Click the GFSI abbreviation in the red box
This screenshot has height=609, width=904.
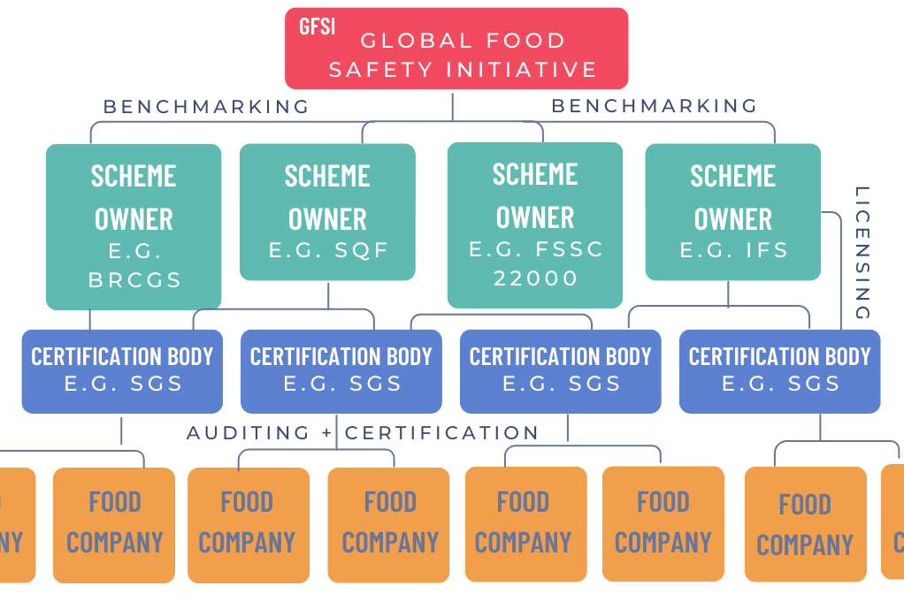coord(317,26)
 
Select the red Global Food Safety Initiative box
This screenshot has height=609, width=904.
coord(456,49)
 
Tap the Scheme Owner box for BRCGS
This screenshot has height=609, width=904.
coord(134,225)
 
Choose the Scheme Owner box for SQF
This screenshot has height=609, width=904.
coord(327,212)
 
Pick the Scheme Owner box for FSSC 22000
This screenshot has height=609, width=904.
coord(535,225)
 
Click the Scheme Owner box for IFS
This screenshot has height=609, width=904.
coord(732,212)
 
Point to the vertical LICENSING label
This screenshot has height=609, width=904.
coord(862,253)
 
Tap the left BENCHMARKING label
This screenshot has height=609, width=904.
coord(207,107)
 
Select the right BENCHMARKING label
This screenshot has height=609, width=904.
coord(655,106)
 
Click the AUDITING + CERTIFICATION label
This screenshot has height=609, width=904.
coord(363,433)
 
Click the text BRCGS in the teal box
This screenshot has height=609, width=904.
coord(134,280)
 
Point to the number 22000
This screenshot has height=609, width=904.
coord(535,278)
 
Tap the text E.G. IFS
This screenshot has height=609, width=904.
coord(733,250)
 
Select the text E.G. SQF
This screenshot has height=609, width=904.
coord(328,250)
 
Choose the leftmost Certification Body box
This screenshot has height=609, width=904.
coord(122,370)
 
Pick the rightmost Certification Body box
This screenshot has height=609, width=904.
coord(779,370)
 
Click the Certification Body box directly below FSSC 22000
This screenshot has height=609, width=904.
coord(560,370)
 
